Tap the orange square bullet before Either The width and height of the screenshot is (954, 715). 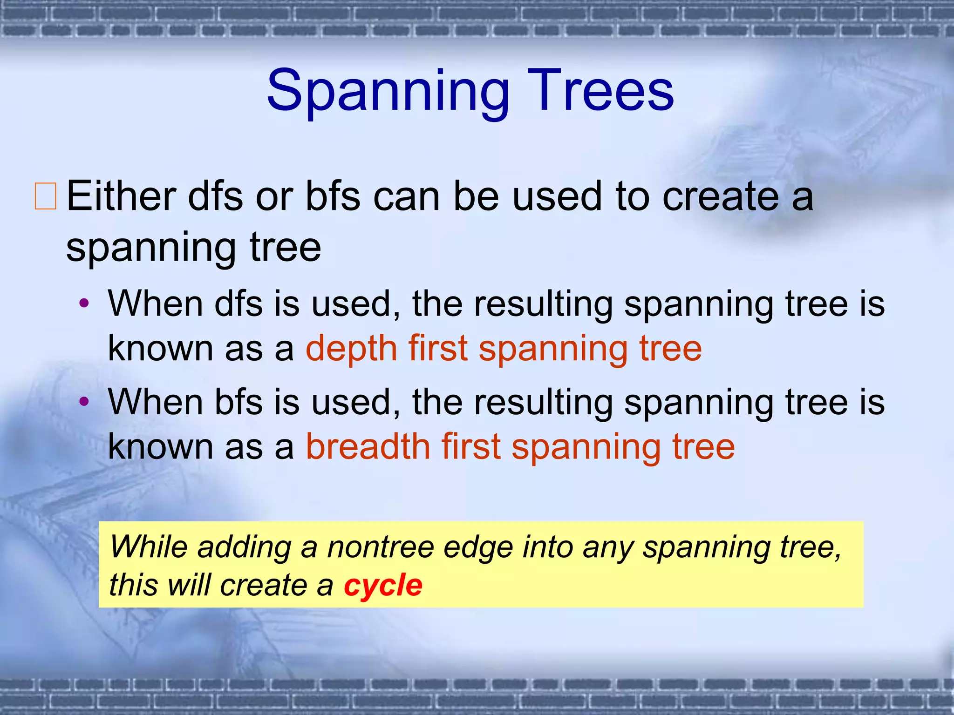[46, 196]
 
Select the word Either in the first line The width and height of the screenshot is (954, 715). [121, 196]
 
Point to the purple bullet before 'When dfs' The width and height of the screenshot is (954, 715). [84, 304]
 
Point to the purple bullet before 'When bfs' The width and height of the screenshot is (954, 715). [84, 401]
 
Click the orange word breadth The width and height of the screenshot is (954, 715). [368, 447]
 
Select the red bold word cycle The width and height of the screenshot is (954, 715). [383, 585]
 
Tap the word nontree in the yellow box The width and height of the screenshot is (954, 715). [380, 547]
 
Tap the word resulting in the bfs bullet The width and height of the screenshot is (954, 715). [543, 402]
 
